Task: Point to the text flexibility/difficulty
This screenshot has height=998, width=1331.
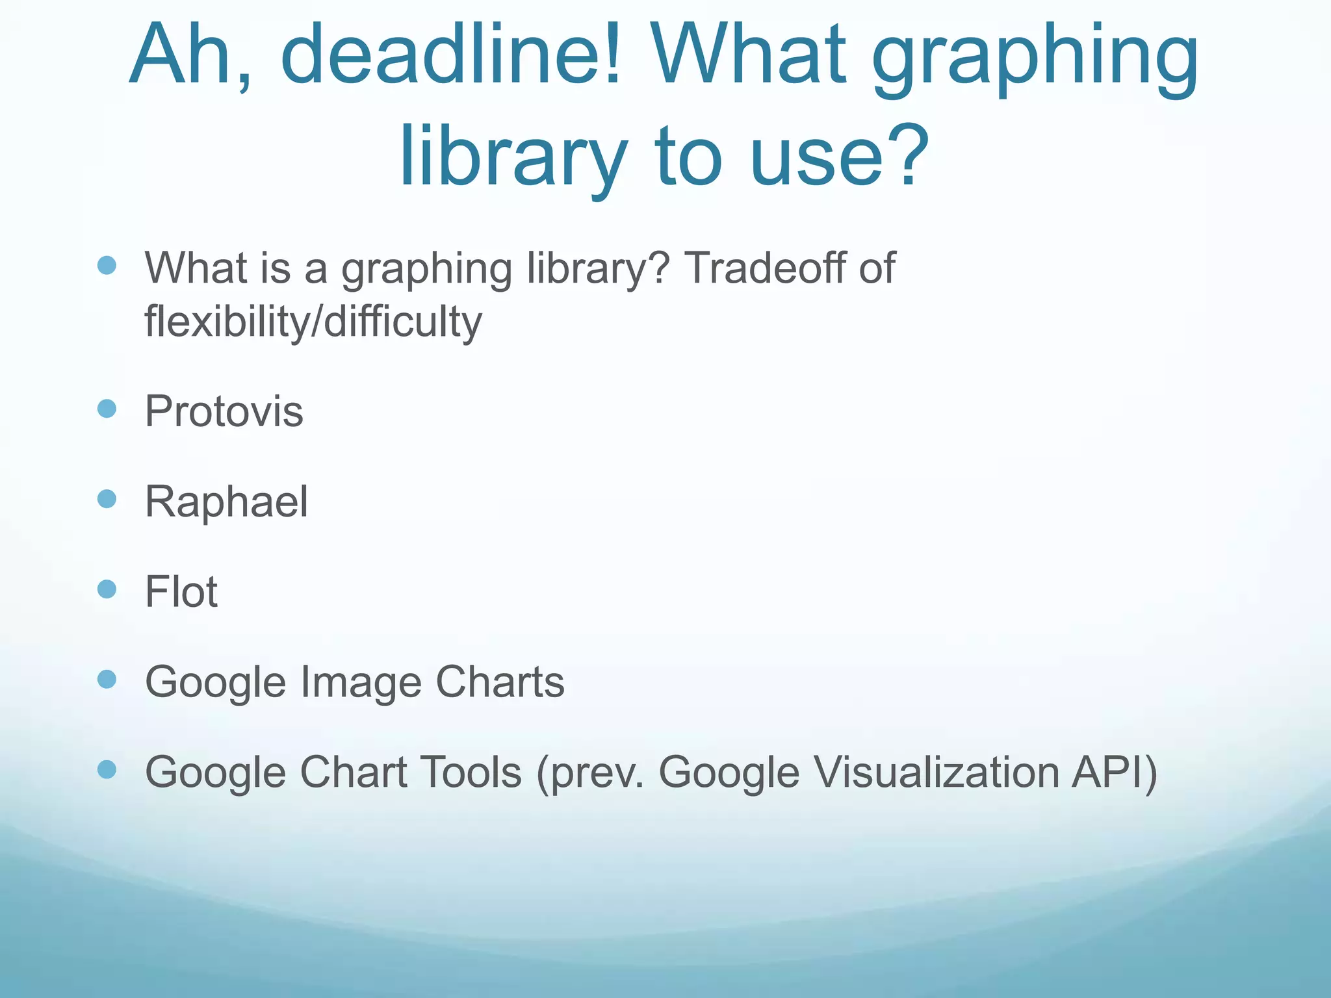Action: (x=313, y=321)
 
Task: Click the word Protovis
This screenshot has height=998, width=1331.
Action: (x=224, y=411)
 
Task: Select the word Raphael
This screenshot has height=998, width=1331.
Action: (x=226, y=502)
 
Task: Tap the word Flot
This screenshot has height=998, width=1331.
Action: (x=181, y=592)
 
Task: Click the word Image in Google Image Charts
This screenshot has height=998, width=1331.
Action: (x=360, y=682)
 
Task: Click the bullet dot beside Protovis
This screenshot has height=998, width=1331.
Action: (x=107, y=409)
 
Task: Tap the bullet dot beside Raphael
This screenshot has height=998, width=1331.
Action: (x=107, y=499)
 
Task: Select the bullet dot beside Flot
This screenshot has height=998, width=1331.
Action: (x=107, y=589)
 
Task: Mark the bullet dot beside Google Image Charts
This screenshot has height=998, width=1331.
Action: (x=107, y=680)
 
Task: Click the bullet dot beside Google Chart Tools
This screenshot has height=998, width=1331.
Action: (x=107, y=770)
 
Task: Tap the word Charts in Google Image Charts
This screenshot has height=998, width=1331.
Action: (x=500, y=682)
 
